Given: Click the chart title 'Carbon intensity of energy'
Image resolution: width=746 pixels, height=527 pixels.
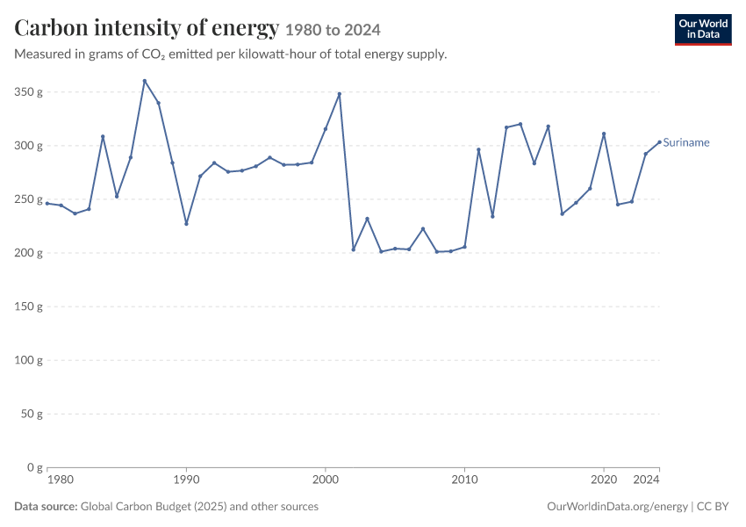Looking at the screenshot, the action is point(147,27).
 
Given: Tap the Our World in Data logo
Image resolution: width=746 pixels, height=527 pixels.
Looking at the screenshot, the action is point(703,30).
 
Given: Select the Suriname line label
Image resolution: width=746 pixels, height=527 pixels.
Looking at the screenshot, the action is point(686,142).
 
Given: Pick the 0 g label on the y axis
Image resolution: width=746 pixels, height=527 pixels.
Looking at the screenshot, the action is point(35,467).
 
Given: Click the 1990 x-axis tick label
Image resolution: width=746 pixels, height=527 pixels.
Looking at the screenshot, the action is point(186,480).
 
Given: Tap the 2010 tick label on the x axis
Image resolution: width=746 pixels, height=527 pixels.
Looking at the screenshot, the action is point(464,480).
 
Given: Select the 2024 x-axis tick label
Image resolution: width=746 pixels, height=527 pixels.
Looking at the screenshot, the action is point(646,480).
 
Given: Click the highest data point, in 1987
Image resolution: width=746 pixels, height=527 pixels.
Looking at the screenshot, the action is point(145,81).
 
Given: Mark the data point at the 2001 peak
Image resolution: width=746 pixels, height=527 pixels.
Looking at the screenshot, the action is point(340,94).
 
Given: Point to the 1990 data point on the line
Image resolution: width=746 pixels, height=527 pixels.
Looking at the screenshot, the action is point(186,224).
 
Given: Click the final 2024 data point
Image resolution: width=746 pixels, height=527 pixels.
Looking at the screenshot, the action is point(659,142).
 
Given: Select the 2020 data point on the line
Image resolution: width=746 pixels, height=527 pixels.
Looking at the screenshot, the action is point(604,134).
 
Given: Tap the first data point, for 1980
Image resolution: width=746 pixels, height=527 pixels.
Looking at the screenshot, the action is point(47,203).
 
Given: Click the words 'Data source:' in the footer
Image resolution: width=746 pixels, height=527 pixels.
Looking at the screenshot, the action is point(46,506).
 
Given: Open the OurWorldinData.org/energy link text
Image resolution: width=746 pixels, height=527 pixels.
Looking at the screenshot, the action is point(617,507).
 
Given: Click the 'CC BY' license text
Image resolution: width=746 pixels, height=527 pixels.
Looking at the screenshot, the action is point(713,506).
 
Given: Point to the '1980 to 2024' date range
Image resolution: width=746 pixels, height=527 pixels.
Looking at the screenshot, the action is point(333,30).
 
